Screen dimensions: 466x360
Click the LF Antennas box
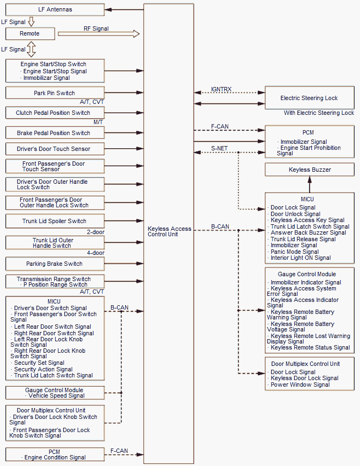55,10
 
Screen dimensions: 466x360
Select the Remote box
30,33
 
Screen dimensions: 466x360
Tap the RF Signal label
96,28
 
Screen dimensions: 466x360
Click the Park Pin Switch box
55,93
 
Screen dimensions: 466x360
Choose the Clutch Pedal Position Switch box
55,113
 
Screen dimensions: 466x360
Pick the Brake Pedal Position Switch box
55,133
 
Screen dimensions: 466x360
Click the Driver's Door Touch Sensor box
55,149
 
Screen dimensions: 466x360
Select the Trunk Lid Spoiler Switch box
55,221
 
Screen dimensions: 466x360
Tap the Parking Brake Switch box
55,264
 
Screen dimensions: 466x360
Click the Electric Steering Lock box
309,98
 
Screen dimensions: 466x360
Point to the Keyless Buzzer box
310,170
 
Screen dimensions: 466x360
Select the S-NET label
219,148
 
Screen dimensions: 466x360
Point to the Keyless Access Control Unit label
170,231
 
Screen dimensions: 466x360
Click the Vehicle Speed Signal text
56,395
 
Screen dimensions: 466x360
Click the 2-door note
96,232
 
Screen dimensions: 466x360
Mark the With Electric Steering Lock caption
319,113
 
